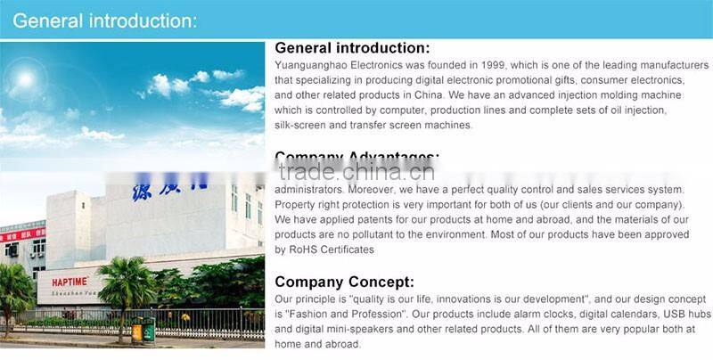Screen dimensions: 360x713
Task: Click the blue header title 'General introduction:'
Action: point(106,20)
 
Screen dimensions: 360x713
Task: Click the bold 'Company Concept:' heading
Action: point(344,282)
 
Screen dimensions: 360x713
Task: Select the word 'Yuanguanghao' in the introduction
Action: point(313,65)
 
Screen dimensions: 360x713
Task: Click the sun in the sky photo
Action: point(24,79)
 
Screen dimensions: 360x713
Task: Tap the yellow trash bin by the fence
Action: point(137,331)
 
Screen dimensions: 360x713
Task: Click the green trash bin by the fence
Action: point(149,331)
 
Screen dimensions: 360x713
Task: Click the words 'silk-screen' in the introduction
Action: point(302,125)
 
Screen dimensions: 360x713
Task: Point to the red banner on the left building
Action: point(22,236)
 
